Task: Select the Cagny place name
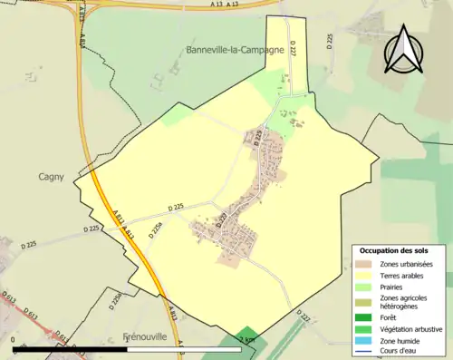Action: [51, 177]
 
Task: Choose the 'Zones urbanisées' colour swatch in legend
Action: [367, 264]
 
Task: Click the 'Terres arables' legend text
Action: [405, 275]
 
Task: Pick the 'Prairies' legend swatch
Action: [367, 287]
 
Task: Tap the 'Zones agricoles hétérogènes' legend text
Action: [405, 303]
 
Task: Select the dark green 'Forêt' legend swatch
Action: [367, 318]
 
